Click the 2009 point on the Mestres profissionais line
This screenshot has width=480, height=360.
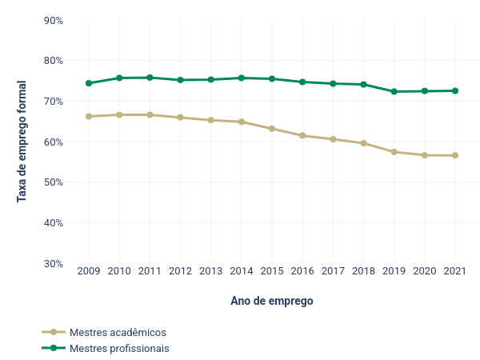click(89, 83)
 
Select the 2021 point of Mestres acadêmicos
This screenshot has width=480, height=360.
click(455, 155)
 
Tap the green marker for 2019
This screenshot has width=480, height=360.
click(394, 92)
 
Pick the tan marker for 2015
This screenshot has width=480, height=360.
click(272, 129)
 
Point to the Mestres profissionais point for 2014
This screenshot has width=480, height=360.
click(242, 78)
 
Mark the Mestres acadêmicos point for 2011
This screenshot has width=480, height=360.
click(150, 115)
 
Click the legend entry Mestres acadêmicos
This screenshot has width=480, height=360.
click(118, 332)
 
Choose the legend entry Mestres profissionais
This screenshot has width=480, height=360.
click(119, 348)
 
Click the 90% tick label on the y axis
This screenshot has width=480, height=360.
click(53, 20)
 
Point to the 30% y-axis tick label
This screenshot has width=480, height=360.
click(53, 263)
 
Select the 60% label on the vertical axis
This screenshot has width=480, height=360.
click(53, 142)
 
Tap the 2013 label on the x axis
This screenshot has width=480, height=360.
click(211, 271)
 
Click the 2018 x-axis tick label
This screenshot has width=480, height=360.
click(364, 271)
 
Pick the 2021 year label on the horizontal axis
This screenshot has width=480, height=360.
click(455, 271)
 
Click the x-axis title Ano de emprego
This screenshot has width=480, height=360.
click(272, 302)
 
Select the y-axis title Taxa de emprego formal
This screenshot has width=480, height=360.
click(22, 142)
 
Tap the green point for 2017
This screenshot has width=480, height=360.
click(333, 83)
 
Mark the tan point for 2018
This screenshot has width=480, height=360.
click(364, 143)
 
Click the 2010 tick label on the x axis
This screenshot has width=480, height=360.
click(119, 271)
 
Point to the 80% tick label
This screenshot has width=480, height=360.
click(53, 60)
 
